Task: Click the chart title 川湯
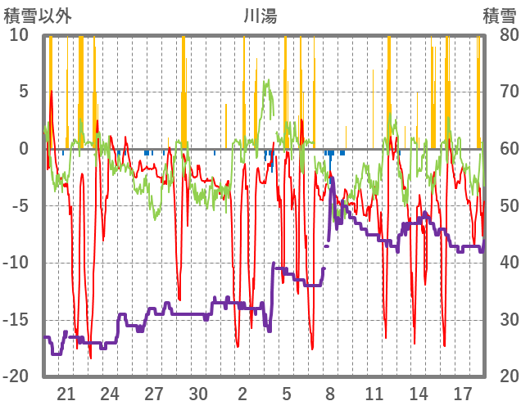click(260, 16)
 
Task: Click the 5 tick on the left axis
click(24, 92)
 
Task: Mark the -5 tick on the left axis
click(20, 205)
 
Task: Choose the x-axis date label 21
click(66, 392)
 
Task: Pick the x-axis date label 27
click(154, 392)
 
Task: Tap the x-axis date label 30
click(198, 392)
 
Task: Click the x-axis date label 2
click(242, 392)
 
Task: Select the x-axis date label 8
click(330, 392)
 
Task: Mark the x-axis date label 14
click(418, 392)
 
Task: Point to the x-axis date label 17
click(462, 392)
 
